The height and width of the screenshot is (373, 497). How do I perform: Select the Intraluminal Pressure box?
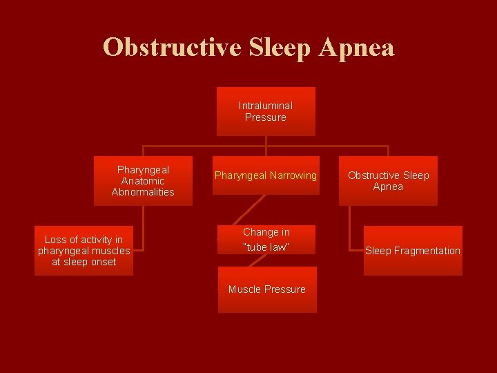click(266, 111)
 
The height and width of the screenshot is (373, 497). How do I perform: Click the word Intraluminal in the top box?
click(266, 106)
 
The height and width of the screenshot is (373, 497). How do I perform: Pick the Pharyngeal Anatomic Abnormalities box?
click(143, 181)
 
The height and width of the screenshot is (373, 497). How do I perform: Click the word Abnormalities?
click(143, 192)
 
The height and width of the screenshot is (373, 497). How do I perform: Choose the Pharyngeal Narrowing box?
click(266, 175)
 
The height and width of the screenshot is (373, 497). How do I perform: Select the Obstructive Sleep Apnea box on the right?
click(388, 181)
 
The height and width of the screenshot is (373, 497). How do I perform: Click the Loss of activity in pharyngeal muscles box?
click(84, 251)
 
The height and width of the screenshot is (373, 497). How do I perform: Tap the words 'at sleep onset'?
click(84, 262)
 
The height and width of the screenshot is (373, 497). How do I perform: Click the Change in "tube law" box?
click(266, 239)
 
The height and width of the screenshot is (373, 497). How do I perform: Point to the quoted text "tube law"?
click(266, 247)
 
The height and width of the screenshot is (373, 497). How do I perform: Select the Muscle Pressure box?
click(267, 289)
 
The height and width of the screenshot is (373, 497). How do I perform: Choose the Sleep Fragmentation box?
click(413, 251)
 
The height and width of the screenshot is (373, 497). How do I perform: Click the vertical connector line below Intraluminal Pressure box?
click(266, 141)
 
